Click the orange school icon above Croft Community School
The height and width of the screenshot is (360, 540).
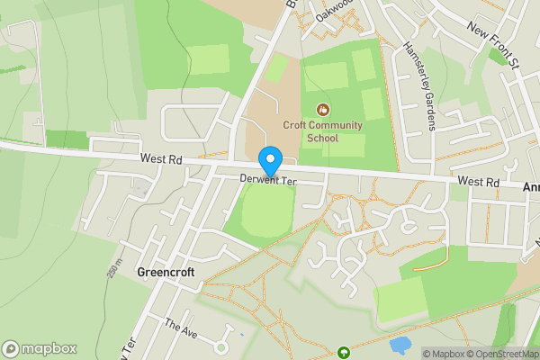[322, 110]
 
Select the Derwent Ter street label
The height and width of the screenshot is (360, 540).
[268, 180]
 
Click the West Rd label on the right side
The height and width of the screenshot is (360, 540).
[478, 182]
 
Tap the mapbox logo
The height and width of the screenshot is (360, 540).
[40, 348]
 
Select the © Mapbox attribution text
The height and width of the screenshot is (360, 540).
[445, 354]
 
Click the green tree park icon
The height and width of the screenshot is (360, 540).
[343, 352]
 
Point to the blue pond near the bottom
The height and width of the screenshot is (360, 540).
[399, 345]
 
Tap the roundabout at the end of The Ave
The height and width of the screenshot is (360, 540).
[220, 346]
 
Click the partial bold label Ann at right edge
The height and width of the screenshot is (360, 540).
[531, 187]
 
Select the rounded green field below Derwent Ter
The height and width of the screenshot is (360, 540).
[260, 211]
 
